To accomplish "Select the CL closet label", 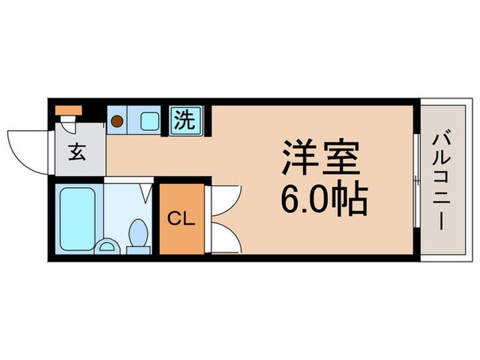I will [x=182, y=219].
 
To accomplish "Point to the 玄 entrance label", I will [x=76, y=152].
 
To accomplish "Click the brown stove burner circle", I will [x=117, y=121].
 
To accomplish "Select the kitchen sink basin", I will [x=149, y=121].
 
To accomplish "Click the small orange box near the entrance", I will [x=69, y=110].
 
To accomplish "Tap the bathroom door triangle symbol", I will [x=147, y=192].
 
